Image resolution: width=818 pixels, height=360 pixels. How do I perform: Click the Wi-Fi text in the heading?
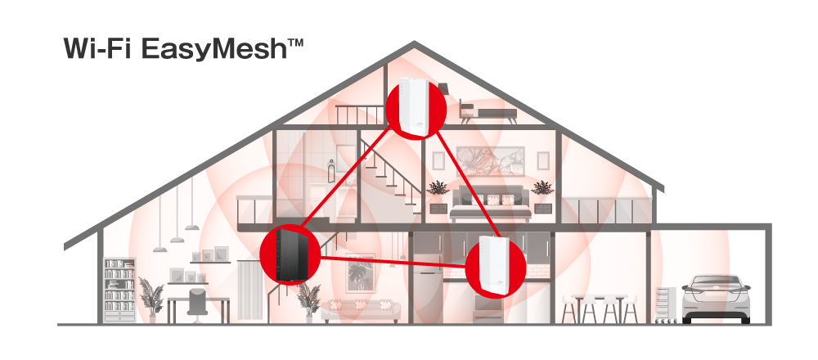tap(97, 47)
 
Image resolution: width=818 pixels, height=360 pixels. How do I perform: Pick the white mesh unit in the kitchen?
tap(495, 263)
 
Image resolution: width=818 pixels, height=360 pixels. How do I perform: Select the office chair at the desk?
tap(198, 300)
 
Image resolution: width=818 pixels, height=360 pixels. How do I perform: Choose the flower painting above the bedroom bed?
tap(489, 162)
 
